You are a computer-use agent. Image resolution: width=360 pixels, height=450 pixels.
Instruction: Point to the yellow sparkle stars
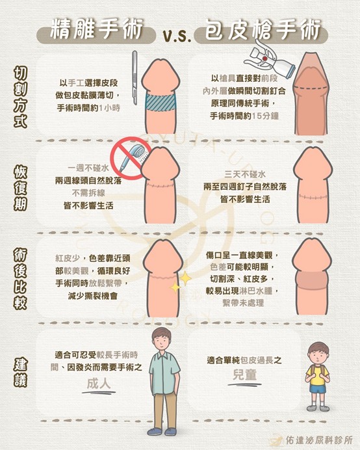pos(180,280)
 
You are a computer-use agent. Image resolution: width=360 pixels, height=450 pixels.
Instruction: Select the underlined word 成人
pos(101,384)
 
